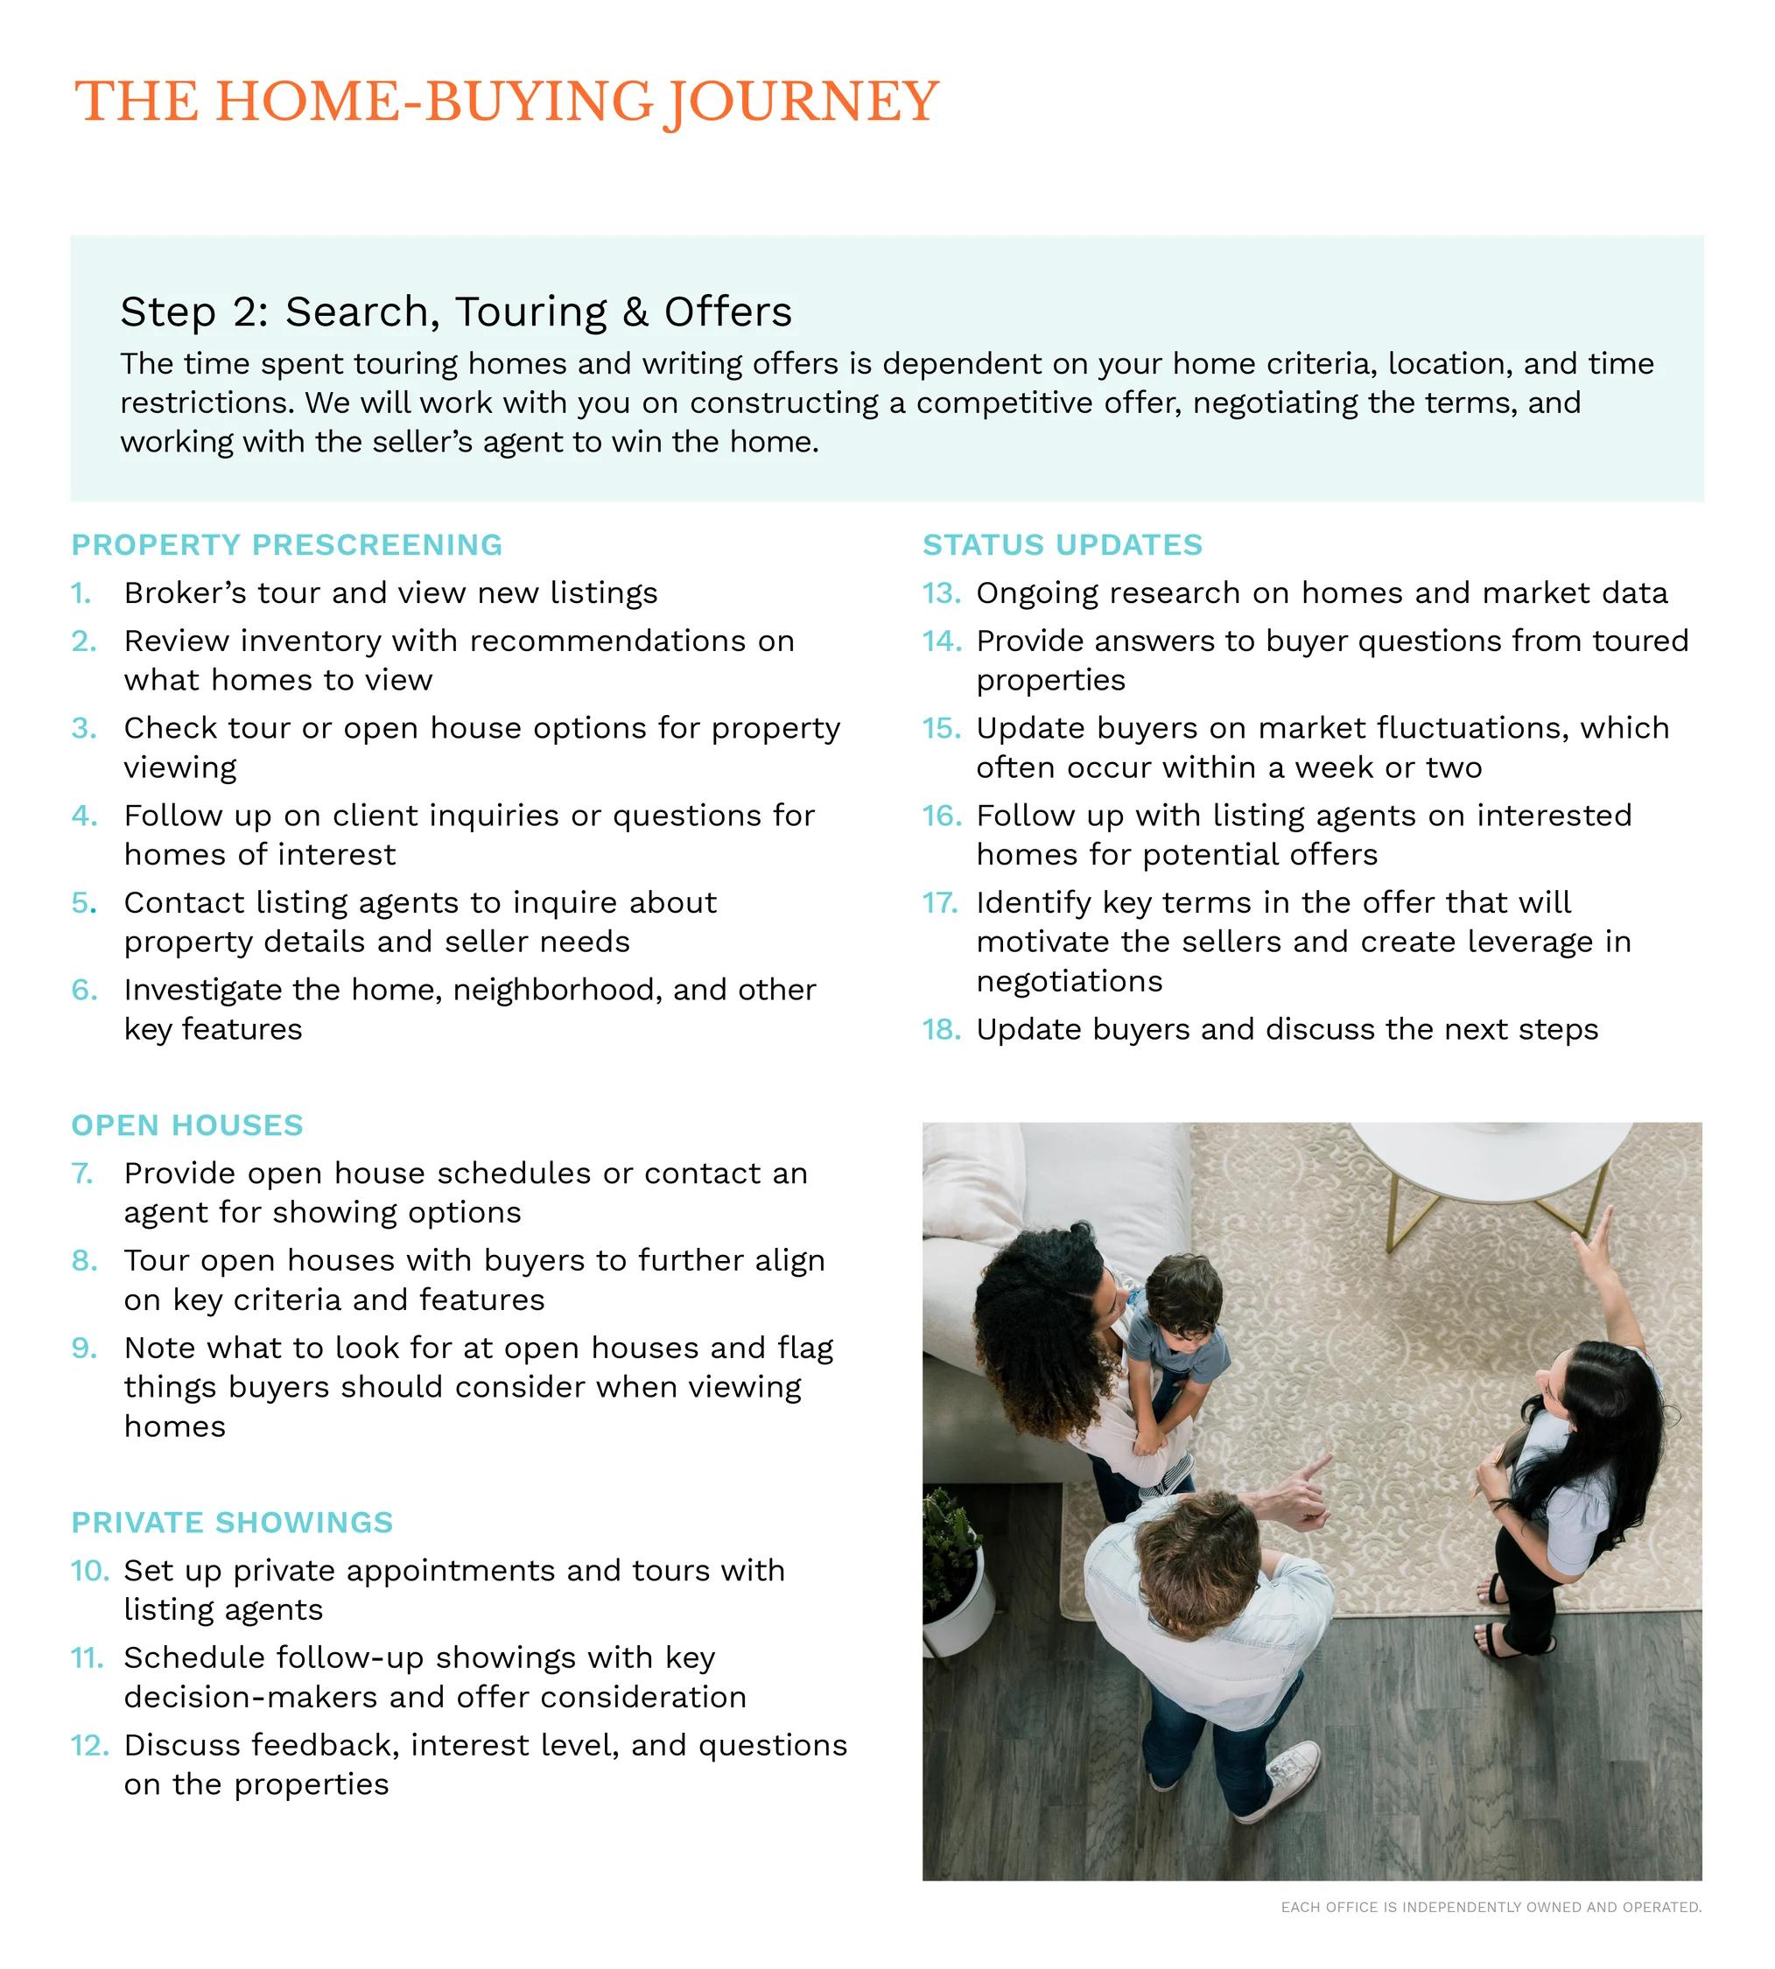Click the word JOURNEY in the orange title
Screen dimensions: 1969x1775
click(801, 102)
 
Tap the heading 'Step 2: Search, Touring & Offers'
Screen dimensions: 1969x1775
click(455, 312)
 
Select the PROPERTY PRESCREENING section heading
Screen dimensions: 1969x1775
click(287, 544)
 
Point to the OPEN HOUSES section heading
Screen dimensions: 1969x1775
click(187, 1125)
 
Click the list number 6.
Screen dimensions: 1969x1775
click(84, 990)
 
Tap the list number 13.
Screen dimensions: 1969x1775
click(942, 593)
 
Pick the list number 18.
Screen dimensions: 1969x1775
click(942, 1029)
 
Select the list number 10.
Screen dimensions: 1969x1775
click(88, 1570)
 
